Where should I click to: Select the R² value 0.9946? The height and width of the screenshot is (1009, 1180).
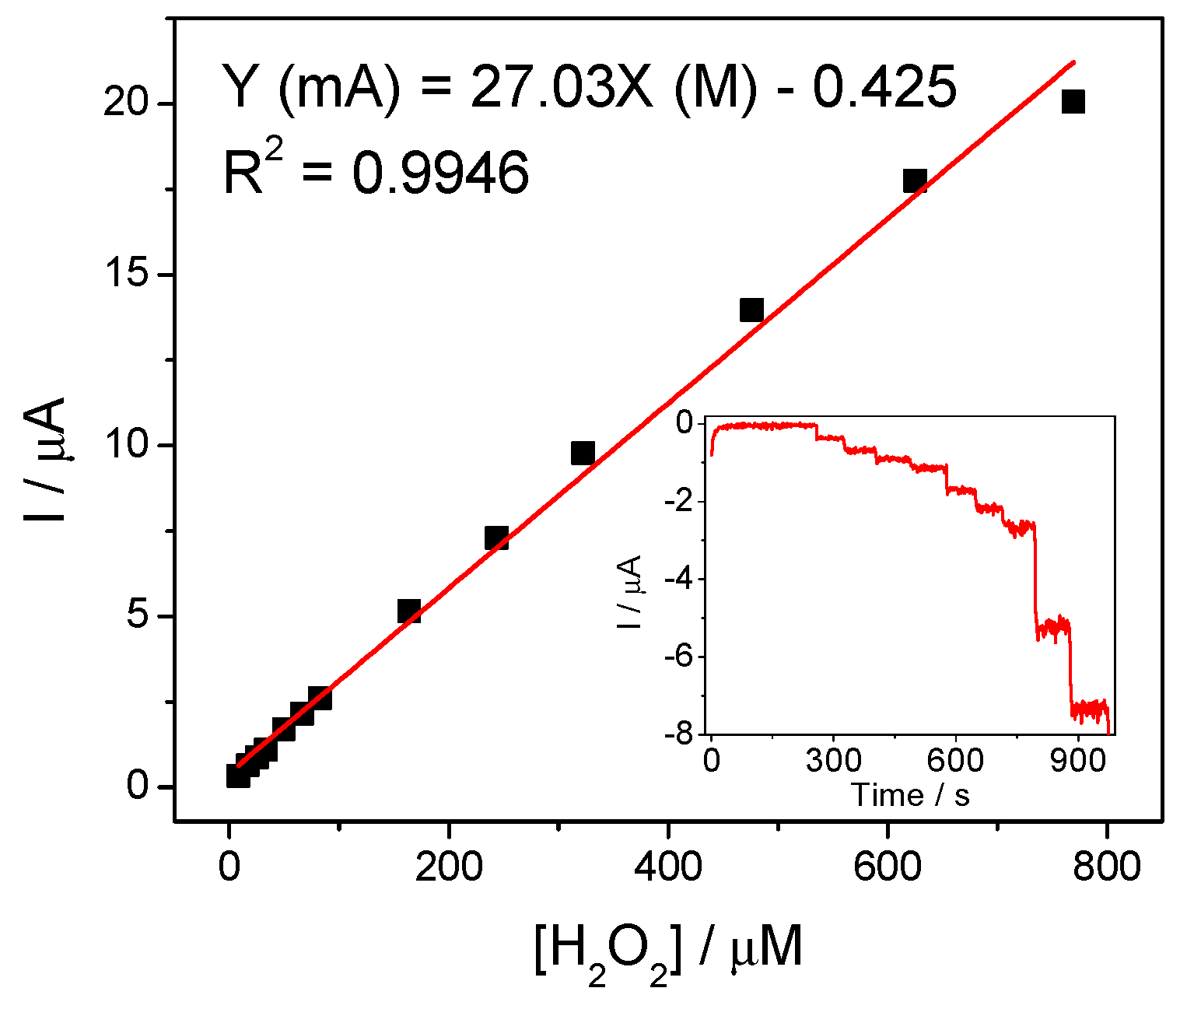(440, 173)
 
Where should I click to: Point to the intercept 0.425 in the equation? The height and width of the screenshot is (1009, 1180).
(884, 87)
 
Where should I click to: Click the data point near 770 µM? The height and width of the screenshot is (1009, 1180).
(1073, 101)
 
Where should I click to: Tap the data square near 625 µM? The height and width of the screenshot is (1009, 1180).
(915, 181)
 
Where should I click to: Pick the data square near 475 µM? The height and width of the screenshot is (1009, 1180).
(751, 310)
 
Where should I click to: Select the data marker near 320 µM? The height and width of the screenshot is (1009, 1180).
(583, 453)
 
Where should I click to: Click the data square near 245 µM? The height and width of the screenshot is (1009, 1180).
(496, 538)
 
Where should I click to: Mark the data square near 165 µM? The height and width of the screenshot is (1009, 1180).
(409, 611)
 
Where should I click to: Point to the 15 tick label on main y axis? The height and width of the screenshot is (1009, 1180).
(127, 274)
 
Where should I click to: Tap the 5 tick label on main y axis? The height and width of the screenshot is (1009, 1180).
(138, 615)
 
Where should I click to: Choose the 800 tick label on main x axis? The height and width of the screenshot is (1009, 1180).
(1106, 867)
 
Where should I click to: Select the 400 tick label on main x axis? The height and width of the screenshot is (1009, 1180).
(667, 867)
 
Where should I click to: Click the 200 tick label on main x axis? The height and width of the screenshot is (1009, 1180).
(448, 867)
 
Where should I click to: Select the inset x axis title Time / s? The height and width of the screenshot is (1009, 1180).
(910, 795)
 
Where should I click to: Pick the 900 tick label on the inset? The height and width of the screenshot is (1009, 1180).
(1077, 760)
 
